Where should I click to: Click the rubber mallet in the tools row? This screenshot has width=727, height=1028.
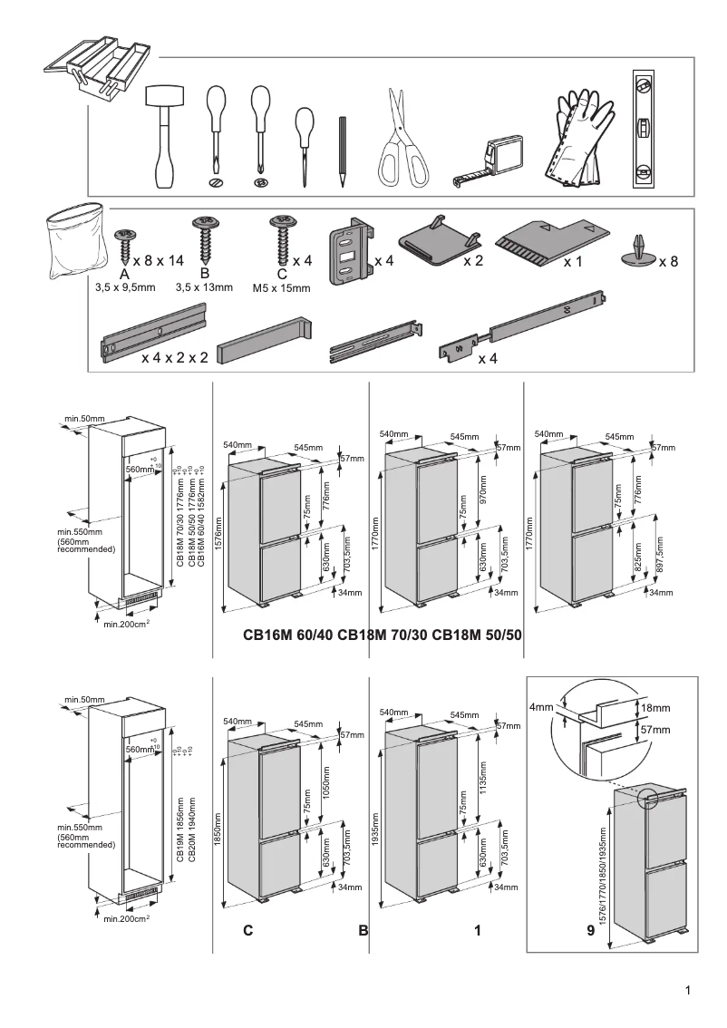click(x=164, y=136)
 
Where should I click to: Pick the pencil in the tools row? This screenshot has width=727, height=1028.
click(x=344, y=150)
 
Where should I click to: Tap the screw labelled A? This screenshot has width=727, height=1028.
click(x=124, y=243)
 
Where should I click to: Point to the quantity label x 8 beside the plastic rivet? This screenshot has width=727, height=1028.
click(x=668, y=262)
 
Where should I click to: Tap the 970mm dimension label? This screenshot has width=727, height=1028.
click(x=483, y=491)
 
